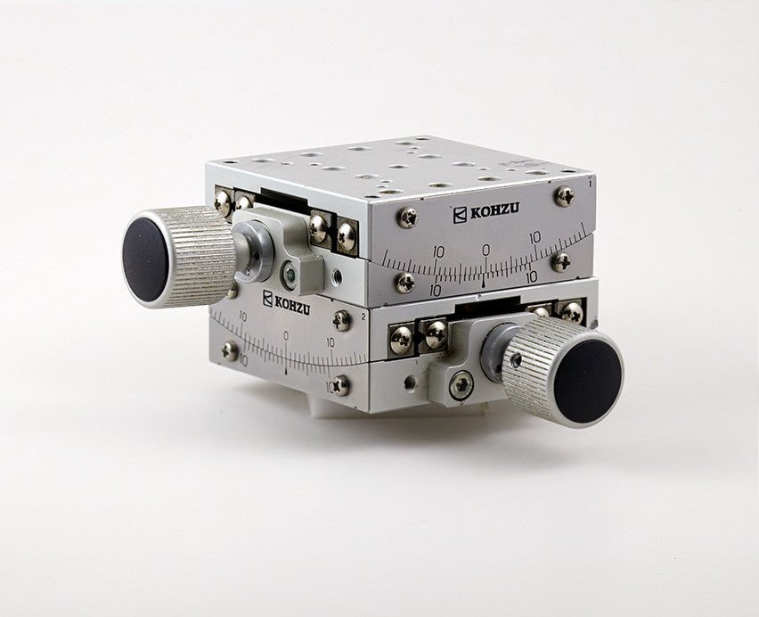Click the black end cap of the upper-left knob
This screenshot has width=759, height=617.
[x=145, y=259]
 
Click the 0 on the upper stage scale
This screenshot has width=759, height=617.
[x=486, y=250]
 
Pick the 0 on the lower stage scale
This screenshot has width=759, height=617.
[x=286, y=336]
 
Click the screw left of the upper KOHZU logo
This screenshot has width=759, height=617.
[x=407, y=215]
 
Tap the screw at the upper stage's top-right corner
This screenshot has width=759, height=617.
[x=563, y=194]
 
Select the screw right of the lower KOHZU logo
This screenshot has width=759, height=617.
[x=341, y=319]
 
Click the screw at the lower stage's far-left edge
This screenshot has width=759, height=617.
[x=231, y=350]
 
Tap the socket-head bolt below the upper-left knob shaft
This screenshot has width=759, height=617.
[x=290, y=274]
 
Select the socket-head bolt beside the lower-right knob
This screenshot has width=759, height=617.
[x=461, y=385]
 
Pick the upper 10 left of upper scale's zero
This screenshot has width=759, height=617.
[x=438, y=252]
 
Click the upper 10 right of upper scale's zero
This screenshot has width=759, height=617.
[x=535, y=238]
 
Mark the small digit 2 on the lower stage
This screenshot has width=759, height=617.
[x=365, y=316]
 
